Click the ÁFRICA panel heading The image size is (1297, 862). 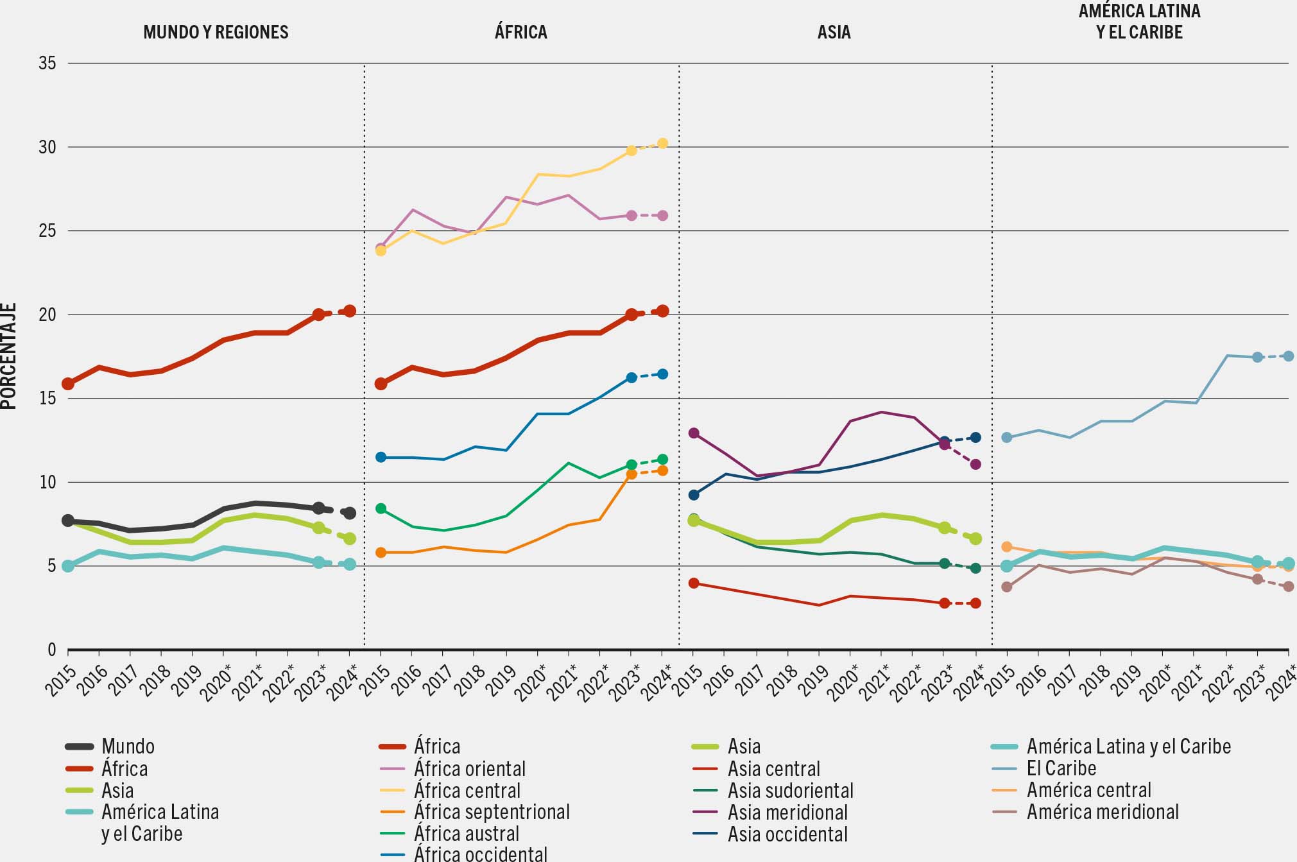pos(520,32)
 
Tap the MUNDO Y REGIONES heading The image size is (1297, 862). pos(216,32)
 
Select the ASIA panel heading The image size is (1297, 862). pos(834,32)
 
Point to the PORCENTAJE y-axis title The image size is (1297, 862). pos(9,356)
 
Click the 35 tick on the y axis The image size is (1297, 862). pos(47,63)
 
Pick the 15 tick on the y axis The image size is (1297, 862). pos(47,399)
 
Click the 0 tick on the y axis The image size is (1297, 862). pos(52,650)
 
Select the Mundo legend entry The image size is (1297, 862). pos(128,746)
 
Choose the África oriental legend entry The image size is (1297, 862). pos(469,768)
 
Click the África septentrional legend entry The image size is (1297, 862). pos(492,812)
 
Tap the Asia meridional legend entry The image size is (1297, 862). pos(787,812)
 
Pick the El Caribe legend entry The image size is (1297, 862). pos(1061,768)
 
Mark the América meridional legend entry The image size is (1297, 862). pos(1103,812)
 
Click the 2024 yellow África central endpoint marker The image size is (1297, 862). pos(663,143)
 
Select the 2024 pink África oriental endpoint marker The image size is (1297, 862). pos(663,216)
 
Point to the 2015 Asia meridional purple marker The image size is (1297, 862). pos(694,433)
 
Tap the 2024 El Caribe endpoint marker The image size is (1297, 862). pos(1288,356)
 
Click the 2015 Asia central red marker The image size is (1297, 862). pos(694,583)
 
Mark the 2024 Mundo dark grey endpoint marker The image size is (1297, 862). pos(350,513)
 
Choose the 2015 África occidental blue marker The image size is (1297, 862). pos(381,457)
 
